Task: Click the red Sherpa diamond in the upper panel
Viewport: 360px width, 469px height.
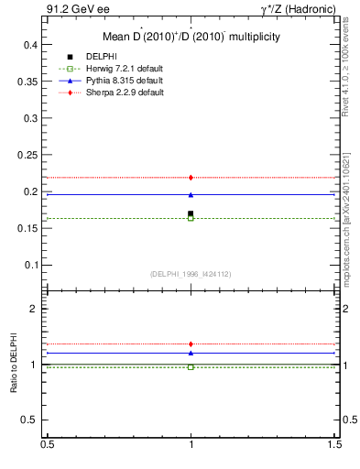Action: tap(191, 177)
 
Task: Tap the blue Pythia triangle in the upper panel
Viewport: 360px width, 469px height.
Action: tap(191, 194)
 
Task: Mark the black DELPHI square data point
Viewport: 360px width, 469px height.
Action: tap(191, 213)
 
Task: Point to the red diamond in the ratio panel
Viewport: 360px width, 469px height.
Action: tap(191, 344)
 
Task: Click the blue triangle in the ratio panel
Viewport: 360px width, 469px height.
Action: tap(191, 353)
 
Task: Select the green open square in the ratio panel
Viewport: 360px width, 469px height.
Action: tap(191, 366)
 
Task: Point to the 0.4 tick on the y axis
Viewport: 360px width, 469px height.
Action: tap(31, 45)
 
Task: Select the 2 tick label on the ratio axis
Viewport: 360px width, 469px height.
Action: tap(36, 309)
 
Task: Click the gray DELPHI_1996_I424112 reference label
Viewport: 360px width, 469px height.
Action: tap(191, 274)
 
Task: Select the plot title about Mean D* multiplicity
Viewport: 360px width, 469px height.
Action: tap(191, 37)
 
